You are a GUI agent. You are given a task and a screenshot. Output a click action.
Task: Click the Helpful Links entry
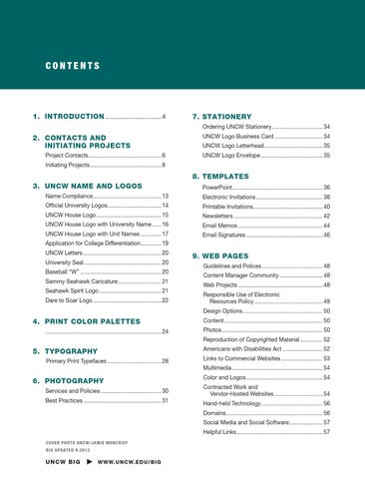[223, 432]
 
